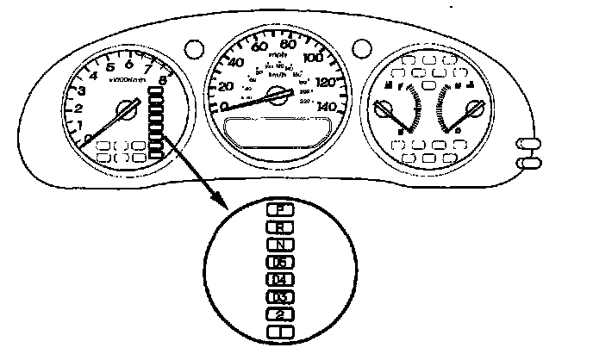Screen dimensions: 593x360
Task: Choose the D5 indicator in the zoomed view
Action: click(278, 262)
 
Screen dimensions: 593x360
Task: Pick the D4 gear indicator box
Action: click(278, 280)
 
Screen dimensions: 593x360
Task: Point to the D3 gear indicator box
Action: click(278, 297)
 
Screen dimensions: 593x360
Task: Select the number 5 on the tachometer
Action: click(110, 68)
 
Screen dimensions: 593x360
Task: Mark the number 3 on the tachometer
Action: click(81, 91)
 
